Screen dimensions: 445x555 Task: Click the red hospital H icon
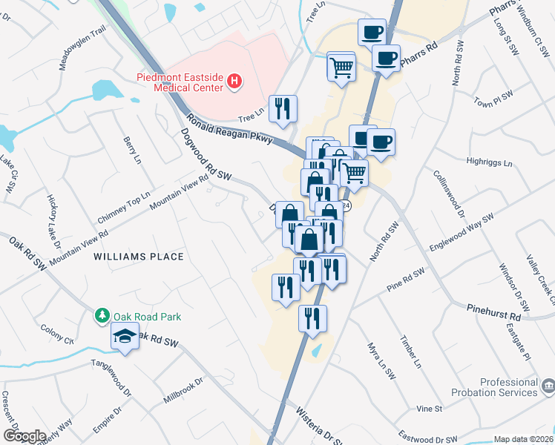(x=234, y=81)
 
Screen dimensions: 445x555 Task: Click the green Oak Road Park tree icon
(x=102, y=316)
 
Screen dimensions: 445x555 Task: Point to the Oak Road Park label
(x=147, y=317)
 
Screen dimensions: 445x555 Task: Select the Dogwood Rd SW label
(x=207, y=157)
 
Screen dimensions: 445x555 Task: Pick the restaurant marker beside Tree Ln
(x=283, y=108)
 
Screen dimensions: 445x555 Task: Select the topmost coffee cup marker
(x=372, y=33)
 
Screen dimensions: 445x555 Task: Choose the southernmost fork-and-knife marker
(x=312, y=318)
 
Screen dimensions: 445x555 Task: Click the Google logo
(x=24, y=436)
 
